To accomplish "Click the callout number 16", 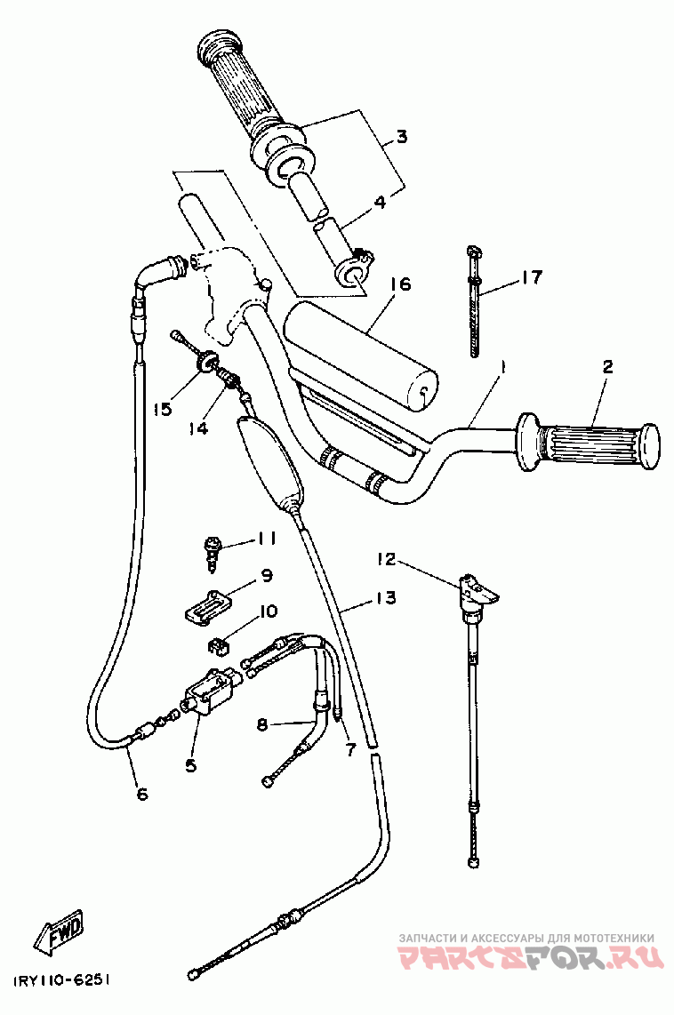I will coord(400,284).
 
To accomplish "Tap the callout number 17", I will coord(531,278).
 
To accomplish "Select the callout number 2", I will coord(607,367).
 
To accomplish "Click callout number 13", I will coord(386,597).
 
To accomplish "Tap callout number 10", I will coord(268,611).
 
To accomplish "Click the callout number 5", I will coord(190,763).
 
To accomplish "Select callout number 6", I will coord(142,794).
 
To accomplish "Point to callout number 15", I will coord(161,409).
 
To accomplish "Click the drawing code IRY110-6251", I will coord(61,980).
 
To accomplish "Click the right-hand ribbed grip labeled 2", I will coord(591,441).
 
